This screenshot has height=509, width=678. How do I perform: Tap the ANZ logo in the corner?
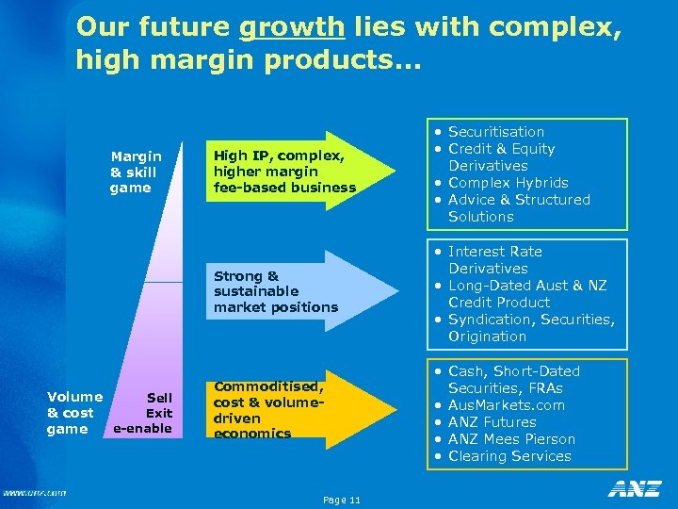pos(634,489)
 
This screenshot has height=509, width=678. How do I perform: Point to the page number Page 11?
pos(340,499)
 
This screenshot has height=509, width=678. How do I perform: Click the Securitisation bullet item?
pos(495,132)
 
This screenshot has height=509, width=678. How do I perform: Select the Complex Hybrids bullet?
pos(508,183)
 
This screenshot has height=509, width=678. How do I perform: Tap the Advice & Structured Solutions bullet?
pos(518,208)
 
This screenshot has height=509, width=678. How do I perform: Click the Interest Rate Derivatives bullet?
pos(494,260)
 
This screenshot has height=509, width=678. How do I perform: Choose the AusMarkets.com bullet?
pos(506,405)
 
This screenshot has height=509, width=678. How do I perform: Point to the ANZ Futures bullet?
pos(492,422)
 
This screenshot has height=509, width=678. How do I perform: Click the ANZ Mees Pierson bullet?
pos(511,439)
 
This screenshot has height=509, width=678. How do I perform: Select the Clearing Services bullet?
pos(509,456)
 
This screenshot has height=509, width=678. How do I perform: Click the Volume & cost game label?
pos(74,413)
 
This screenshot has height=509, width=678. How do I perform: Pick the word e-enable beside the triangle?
pos(142,429)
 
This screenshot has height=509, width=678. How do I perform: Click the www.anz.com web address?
pos(34,492)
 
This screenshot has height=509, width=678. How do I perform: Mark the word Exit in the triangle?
pos(158,413)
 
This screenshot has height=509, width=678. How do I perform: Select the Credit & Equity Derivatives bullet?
pos(501,157)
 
